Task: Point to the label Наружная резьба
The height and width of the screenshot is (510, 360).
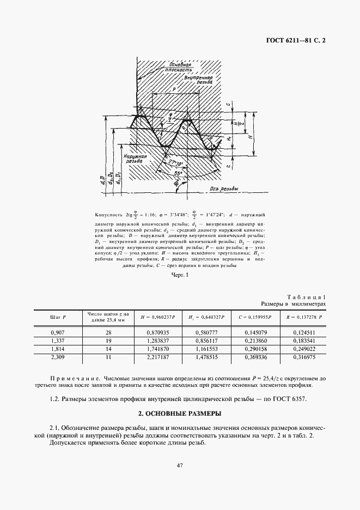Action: [134, 159]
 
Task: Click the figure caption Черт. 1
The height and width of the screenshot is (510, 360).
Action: [179, 275]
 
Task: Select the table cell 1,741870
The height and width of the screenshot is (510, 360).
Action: [158, 348]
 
